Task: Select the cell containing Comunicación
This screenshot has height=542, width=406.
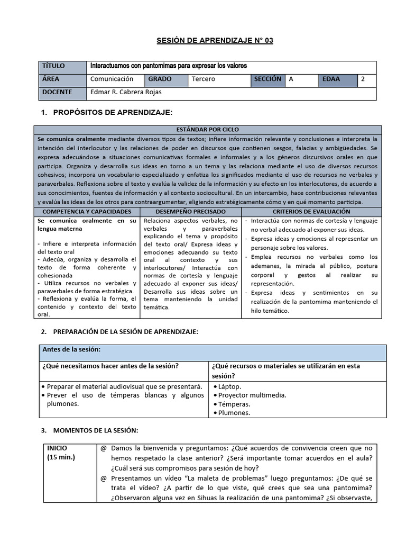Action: (x=112, y=79)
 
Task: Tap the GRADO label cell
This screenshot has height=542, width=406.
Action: (x=160, y=79)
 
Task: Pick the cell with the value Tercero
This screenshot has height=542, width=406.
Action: (x=204, y=79)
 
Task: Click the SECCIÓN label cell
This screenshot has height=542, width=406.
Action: (x=267, y=79)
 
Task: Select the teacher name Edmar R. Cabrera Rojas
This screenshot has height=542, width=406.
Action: (x=126, y=93)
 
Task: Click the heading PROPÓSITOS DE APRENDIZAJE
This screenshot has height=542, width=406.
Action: (x=113, y=112)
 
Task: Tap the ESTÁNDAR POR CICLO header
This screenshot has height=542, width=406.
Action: (x=207, y=130)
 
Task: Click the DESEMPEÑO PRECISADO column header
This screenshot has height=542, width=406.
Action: (x=190, y=211)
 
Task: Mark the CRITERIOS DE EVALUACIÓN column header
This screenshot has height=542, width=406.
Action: (x=311, y=211)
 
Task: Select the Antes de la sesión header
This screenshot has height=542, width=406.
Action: (x=70, y=350)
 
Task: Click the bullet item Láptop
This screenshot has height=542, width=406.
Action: (x=230, y=386)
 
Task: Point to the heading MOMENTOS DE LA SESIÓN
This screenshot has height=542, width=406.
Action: (x=96, y=430)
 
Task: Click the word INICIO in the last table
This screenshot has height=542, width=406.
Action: (x=57, y=448)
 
